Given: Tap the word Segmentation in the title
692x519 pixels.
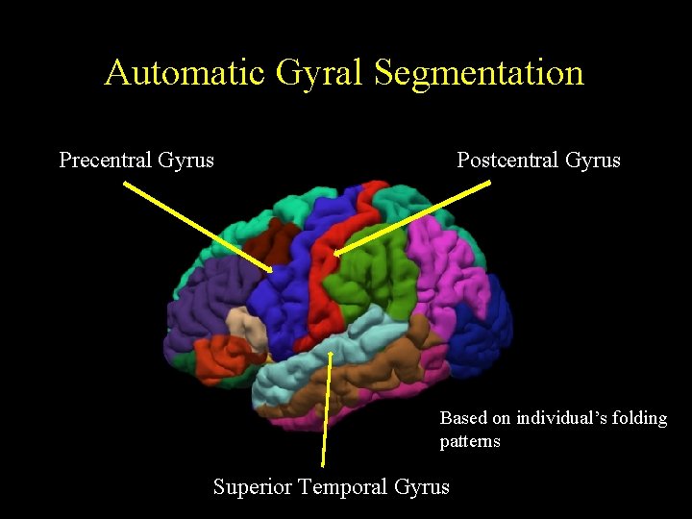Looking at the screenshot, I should pos(479,73).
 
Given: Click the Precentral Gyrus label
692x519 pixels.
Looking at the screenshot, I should pos(136,160).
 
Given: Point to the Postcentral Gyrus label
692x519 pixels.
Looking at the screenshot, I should pos(538,160).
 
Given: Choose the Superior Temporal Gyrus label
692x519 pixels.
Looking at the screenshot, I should pos(331,486).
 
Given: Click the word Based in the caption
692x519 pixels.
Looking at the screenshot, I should pos(463,418).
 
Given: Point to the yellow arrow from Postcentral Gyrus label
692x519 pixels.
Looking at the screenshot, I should pos(413,219).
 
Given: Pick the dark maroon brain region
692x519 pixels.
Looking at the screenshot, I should pos(279,245).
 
